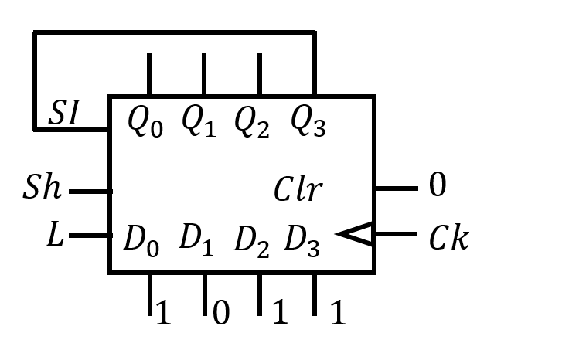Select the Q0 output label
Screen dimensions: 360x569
click(145, 121)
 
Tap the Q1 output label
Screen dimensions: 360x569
click(199, 121)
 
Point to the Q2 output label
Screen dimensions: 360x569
click(252, 121)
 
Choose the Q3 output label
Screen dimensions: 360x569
click(308, 121)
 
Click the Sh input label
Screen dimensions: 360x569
click(43, 188)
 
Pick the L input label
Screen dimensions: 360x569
click(54, 236)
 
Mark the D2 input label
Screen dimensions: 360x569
click(252, 241)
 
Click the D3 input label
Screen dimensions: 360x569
click(302, 239)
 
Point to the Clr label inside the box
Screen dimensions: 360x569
click(298, 190)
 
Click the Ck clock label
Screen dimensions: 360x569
click(448, 239)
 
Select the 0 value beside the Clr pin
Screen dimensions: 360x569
click(437, 186)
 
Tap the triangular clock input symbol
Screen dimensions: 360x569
click(357, 234)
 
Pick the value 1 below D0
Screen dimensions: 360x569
click(162, 313)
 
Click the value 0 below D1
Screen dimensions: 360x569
click(220, 314)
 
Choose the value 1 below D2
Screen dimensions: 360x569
click(279, 313)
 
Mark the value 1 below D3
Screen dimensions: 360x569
click(337, 313)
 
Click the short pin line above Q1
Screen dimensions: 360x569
click(204, 74)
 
